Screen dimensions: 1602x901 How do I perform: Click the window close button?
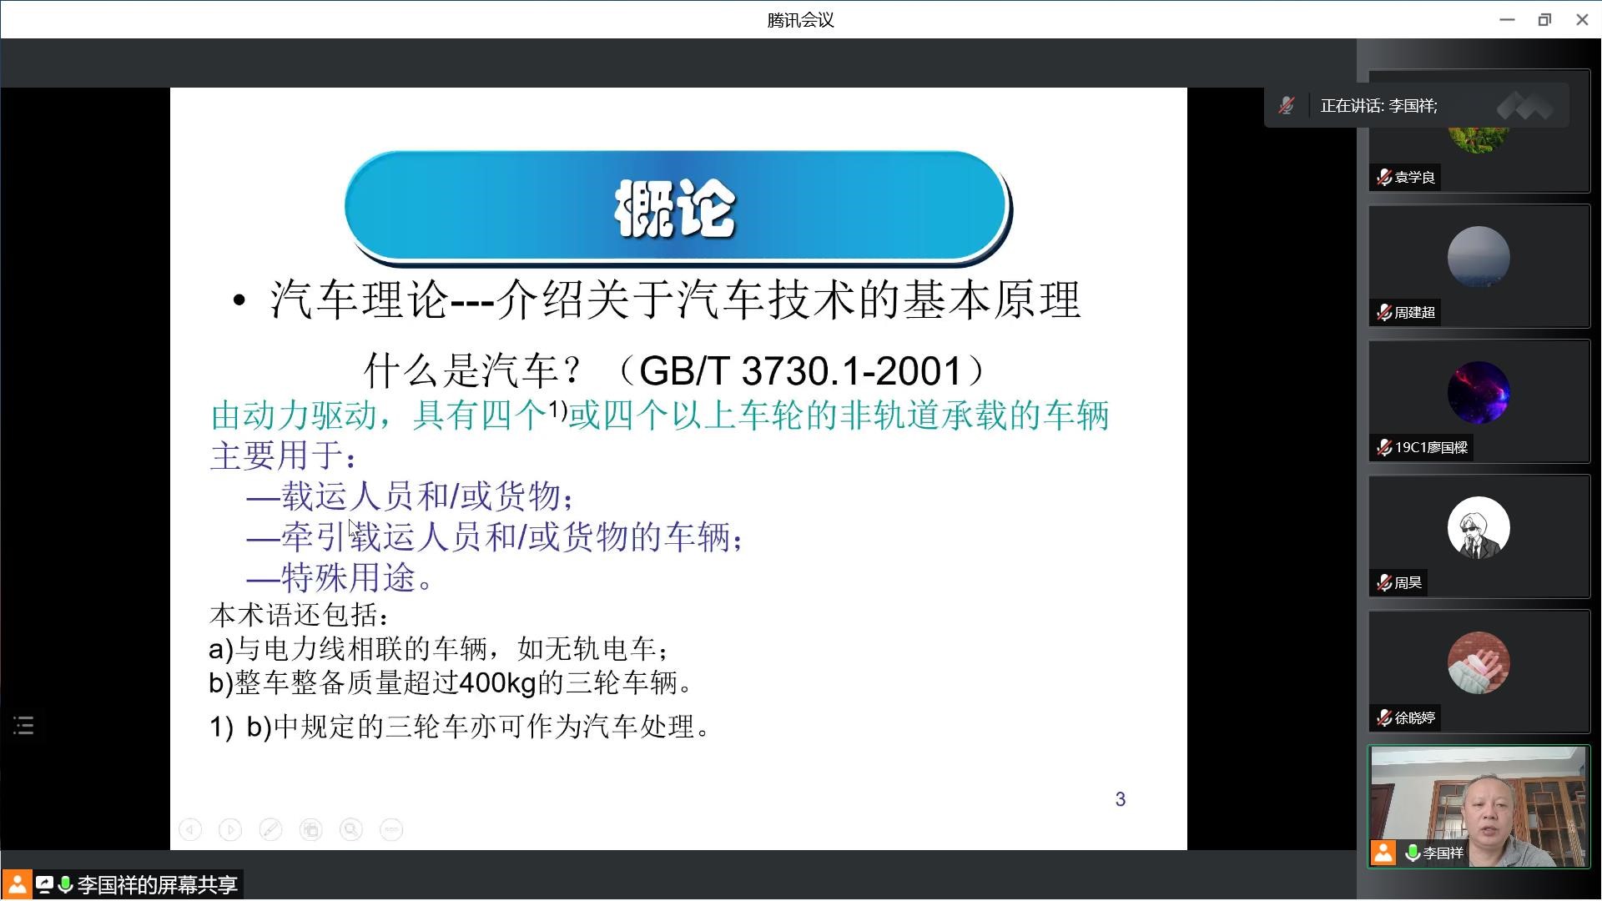click(1582, 20)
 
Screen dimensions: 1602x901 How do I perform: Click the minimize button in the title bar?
click(1507, 20)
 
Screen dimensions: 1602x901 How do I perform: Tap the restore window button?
click(1544, 20)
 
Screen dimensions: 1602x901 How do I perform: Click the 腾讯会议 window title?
click(801, 20)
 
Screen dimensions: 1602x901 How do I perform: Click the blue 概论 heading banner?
click(677, 207)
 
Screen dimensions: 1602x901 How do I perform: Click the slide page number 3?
click(1121, 799)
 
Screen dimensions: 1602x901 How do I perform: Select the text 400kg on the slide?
click(497, 683)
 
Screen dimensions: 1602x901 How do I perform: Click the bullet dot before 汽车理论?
click(239, 301)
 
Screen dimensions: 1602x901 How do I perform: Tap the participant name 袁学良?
click(1415, 177)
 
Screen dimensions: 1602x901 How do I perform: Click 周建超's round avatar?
click(1479, 257)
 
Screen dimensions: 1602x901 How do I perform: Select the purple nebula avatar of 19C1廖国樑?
click(1479, 392)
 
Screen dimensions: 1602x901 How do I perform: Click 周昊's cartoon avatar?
click(1479, 527)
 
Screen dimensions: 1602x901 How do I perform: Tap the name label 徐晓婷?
click(1415, 717)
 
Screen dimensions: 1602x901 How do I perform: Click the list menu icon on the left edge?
click(23, 726)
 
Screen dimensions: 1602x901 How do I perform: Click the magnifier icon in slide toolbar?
click(351, 829)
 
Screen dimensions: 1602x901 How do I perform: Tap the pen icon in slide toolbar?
click(270, 829)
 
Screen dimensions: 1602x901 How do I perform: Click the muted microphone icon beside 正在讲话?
click(1287, 106)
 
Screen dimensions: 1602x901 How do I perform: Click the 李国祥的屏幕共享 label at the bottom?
click(158, 885)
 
